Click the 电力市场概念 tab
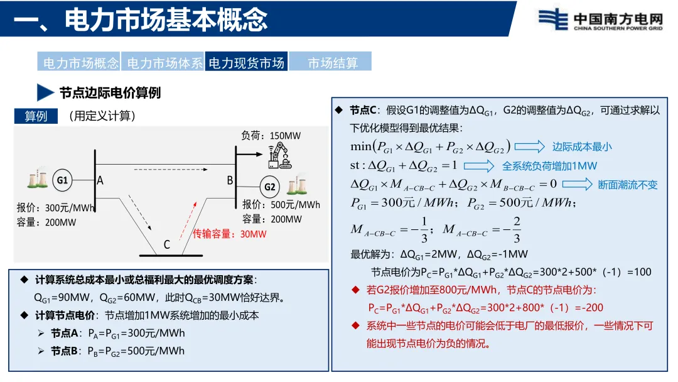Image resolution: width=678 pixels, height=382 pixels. click(79, 62)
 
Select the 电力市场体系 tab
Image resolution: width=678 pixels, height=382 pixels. click(164, 62)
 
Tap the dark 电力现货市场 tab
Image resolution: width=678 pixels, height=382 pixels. click(247, 62)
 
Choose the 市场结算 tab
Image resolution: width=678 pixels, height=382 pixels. click(332, 62)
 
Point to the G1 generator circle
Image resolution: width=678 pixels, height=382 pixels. click(63, 180)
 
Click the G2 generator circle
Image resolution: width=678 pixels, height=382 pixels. click(270, 187)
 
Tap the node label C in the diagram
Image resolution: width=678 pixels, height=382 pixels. click(166, 244)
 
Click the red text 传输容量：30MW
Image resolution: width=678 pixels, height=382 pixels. click(230, 234)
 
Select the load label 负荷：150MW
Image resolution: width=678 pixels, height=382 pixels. click(271, 136)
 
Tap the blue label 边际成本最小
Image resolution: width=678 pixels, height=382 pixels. click(582, 146)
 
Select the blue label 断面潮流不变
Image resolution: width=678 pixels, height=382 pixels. click(627, 185)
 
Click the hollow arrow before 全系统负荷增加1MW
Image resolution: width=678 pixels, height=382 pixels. click(480, 166)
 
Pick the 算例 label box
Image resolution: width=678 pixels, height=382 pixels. click(36, 116)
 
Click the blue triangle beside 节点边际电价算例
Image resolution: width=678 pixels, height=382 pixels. click(45, 92)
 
